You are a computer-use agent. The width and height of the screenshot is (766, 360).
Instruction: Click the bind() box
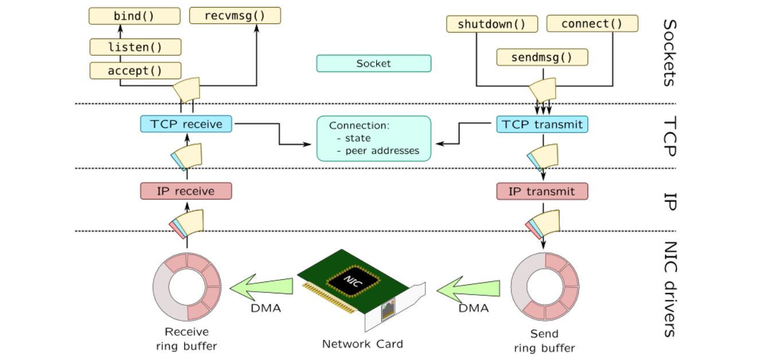(135, 16)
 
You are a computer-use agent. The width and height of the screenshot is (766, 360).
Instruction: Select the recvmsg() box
(235, 16)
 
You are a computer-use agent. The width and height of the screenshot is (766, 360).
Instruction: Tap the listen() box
(135, 47)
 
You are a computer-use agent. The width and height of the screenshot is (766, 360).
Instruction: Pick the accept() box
(135, 71)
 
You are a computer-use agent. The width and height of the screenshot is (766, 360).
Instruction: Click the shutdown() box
(492, 24)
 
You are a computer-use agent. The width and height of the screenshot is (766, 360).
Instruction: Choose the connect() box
(592, 24)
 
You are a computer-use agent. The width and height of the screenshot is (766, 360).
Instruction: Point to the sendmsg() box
(542, 57)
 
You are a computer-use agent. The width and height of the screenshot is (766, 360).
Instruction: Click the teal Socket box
(373, 64)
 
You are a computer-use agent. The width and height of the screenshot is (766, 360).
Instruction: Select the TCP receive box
(186, 124)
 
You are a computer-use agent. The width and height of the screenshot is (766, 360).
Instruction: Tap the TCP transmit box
(542, 124)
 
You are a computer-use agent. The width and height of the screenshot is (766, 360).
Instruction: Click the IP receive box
(186, 191)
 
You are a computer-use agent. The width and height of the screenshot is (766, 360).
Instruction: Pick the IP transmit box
(542, 191)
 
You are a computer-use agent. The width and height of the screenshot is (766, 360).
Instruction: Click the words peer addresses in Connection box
(382, 151)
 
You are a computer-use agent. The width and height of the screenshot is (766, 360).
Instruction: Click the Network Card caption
(362, 344)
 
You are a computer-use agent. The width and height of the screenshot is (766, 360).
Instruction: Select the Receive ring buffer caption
(187, 339)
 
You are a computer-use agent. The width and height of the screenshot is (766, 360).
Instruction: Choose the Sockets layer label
(669, 53)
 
